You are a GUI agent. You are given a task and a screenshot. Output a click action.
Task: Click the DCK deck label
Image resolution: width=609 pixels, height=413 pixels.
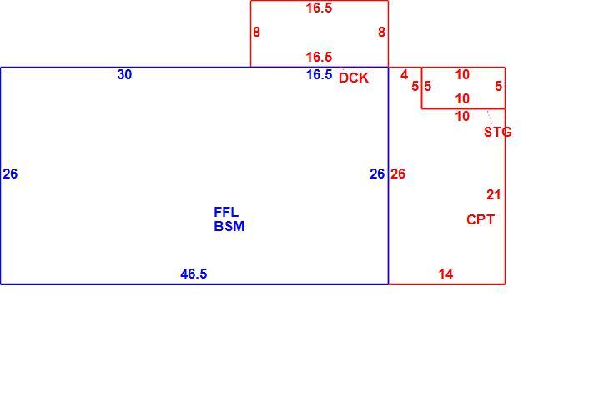354,78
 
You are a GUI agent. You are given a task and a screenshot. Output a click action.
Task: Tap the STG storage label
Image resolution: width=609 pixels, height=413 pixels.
497,132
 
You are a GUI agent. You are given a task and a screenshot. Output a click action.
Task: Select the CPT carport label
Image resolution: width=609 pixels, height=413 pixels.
481,219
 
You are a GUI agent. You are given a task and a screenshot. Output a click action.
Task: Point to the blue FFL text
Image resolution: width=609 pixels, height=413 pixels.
226,212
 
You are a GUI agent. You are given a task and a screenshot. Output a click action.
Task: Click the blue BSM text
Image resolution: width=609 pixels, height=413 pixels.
229,226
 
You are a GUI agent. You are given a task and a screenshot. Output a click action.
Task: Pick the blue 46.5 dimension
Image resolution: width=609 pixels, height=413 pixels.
194,274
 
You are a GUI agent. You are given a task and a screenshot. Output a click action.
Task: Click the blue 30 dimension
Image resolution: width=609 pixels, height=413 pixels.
124,74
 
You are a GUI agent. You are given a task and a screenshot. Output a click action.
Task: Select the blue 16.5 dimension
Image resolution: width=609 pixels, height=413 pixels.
319,74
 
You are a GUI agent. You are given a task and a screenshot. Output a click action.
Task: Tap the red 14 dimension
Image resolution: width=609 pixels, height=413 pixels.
445,274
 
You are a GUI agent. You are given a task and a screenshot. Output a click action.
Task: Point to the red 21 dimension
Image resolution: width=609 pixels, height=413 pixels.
494,194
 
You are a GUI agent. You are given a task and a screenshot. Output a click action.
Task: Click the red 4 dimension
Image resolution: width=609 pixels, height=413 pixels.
405,74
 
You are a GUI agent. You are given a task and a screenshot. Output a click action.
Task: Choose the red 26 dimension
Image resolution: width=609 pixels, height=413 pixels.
398,174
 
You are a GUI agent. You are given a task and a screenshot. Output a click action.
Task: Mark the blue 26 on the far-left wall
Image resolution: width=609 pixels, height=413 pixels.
10,174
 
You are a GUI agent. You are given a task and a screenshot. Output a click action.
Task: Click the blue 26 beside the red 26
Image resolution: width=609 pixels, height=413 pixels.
377,174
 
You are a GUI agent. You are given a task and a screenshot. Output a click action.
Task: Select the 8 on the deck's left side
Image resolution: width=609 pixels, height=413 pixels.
256,32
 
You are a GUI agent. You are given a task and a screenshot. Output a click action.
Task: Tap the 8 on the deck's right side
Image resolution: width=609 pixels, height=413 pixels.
382,32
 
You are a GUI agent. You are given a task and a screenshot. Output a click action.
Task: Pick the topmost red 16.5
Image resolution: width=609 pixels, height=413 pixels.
319,8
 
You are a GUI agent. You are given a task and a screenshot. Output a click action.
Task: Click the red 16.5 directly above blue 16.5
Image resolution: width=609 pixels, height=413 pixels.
319,57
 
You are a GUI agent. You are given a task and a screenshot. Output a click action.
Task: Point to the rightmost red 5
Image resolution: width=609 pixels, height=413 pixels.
499,86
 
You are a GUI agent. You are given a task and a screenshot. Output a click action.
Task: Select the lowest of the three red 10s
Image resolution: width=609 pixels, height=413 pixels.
462,116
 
